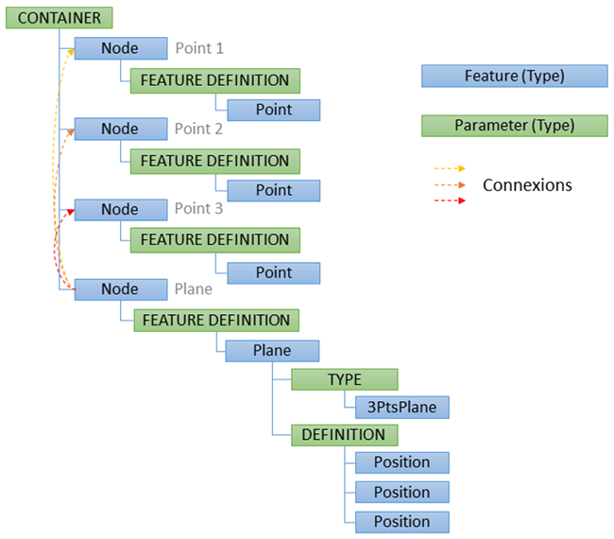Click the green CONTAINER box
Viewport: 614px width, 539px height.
(x=60, y=18)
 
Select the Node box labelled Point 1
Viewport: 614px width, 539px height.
(x=120, y=48)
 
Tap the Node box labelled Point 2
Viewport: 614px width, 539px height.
(x=120, y=129)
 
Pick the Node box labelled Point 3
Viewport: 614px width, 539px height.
(x=120, y=209)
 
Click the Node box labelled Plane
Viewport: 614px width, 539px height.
(x=120, y=289)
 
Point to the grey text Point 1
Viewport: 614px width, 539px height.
(x=199, y=48)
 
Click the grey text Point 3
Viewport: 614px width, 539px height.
(x=199, y=209)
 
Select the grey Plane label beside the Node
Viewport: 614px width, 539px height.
(x=194, y=289)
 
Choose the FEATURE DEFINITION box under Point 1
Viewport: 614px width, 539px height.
(x=215, y=80)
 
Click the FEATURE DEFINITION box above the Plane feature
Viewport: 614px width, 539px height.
(x=215, y=321)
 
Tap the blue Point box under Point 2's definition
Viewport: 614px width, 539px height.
(x=273, y=190)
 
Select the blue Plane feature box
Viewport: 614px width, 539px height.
(x=272, y=351)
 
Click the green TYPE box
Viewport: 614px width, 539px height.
(x=345, y=379)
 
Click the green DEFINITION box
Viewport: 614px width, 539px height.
(x=344, y=435)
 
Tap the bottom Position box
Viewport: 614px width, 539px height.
(x=401, y=521)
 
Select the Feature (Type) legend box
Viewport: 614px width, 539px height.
(x=514, y=76)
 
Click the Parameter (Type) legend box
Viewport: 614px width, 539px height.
(x=514, y=125)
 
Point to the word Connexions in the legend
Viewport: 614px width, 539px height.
(x=527, y=184)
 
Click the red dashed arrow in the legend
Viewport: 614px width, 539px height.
(x=450, y=200)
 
